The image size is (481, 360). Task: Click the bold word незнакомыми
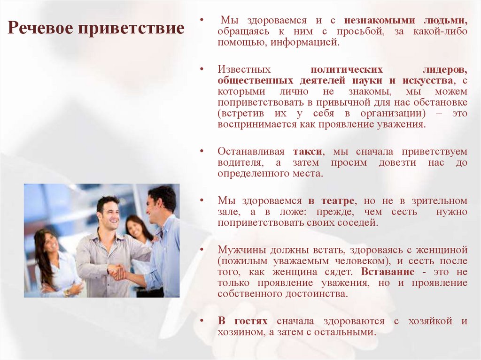pos(372,21)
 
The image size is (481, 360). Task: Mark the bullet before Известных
pos(201,69)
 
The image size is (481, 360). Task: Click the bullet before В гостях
pos(201,322)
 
